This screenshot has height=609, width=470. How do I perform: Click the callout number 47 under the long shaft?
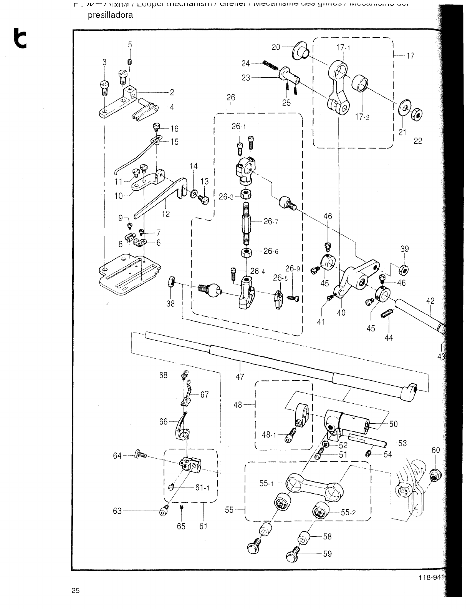pos(240,377)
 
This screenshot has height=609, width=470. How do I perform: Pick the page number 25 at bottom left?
pos(75,591)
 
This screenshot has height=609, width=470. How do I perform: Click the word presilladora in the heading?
pos(111,15)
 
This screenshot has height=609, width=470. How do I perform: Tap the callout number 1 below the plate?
pos(108,306)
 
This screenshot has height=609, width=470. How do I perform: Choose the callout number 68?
pos(164,375)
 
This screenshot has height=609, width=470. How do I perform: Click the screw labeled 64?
pos(140,455)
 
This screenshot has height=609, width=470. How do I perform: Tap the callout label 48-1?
pos(269,435)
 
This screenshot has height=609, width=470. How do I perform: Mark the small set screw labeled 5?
pos(130,62)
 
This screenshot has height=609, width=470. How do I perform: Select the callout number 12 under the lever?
pos(165,214)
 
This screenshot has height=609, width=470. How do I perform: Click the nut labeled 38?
pos(172,283)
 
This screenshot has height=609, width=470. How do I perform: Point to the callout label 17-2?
pos(362,117)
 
